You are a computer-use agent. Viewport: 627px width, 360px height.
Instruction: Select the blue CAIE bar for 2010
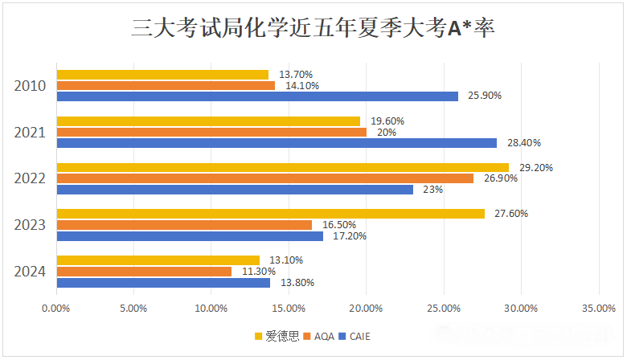[257, 96]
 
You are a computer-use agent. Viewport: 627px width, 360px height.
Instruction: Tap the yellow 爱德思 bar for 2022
[282, 168]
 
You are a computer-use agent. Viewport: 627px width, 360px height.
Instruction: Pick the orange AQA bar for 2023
[184, 225]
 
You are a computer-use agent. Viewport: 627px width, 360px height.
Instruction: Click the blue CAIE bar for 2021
[277, 143]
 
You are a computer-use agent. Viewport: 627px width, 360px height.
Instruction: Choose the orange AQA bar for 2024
[144, 272]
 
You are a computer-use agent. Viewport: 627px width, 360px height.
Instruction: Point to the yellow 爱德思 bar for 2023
[270, 214]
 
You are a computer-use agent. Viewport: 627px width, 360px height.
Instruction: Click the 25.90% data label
[485, 96]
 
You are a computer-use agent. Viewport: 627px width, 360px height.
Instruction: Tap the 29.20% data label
[535, 168]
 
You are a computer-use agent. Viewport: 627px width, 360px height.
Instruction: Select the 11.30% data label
[258, 272]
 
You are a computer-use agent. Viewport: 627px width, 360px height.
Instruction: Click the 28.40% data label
[523, 143]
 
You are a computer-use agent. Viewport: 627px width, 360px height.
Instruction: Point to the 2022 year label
[31, 178]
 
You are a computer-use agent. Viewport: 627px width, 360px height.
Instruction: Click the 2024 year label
[31, 272]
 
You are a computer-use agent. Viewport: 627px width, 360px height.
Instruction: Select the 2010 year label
[31, 86]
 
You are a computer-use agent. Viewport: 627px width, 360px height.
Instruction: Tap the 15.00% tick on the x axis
[289, 308]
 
